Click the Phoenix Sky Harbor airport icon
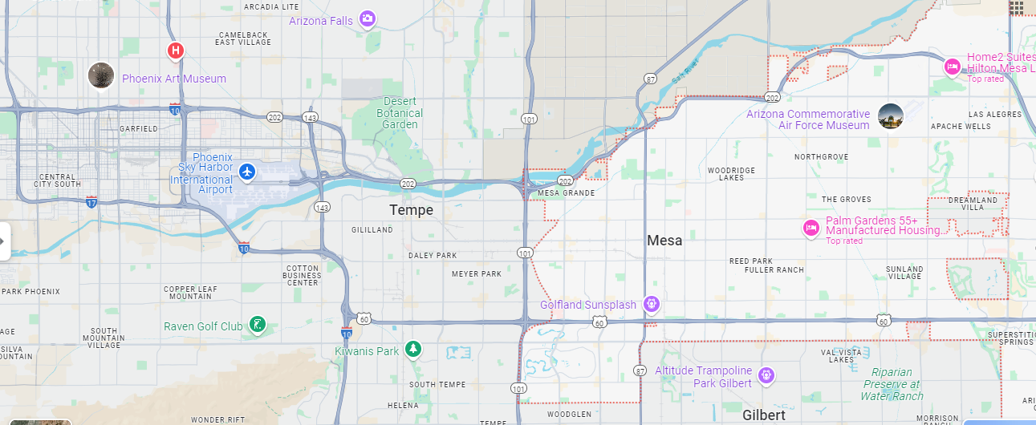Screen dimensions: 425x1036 pyautogui.click(x=247, y=172)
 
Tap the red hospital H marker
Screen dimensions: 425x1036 pyautogui.click(x=175, y=51)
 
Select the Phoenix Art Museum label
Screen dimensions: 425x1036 pyautogui.click(x=173, y=79)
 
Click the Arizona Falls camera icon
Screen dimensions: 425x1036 pyautogui.click(x=367, y=18)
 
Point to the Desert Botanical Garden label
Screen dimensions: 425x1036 pyautogui.click(x=400, y=113)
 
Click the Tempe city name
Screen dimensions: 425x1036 pyautogui.click(x=411, y=210)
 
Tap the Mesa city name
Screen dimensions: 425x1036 pyautogui.click(x=664, y=240)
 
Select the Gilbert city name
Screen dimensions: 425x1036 pyautogui.click(x=763, y=415)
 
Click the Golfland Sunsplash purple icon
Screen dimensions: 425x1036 pyautogui.click(x=652, y=304)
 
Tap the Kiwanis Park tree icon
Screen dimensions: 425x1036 pyautogui.click(x=412, y=349)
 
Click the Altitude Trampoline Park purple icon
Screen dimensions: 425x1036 pyautogui.click(x=766, y=374)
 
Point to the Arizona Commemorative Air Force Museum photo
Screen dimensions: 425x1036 pyautogui.click(x=891, y=116)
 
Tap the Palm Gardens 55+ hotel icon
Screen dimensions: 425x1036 pyautogui.click(x=811, y=228)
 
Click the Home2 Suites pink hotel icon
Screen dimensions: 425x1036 pyautogui.click(x=952, y=67)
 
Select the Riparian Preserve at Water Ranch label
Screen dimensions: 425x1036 pyautogui.click(x=892, y=384)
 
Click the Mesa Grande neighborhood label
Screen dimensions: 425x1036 pyautogui.click(x=567, y=193)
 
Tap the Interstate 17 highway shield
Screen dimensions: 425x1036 pyautogui.click(x=92, y=201)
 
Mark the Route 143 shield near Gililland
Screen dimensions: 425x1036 pyautogui.click(x=323, y=207)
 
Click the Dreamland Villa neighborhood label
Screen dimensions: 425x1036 pyautogui.click(x=973, y=204)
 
